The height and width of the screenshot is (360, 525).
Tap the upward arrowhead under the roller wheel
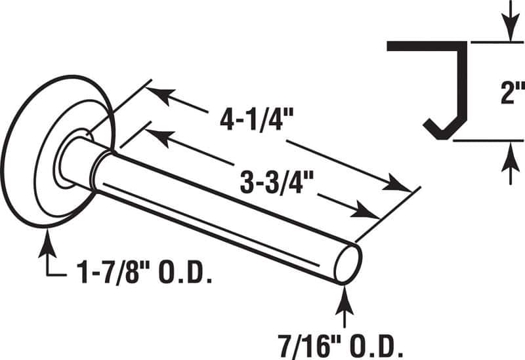pos(47,239)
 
